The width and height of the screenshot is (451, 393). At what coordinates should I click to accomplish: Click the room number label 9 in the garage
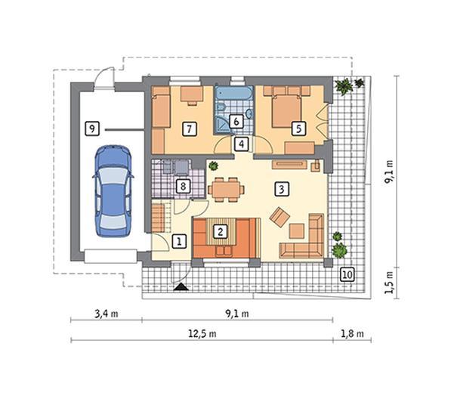click(x=91, y=128)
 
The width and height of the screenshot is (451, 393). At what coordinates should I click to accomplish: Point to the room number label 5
click(x=299, y=128)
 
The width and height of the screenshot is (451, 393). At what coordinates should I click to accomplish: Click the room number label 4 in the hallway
click(x=241, y=144)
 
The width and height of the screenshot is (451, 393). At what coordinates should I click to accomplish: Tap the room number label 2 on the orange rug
click(x=220, y=232)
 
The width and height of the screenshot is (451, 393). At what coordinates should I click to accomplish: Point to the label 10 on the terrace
click(x=347, y=274)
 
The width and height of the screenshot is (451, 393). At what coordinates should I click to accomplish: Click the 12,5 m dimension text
click(x=202, y=333)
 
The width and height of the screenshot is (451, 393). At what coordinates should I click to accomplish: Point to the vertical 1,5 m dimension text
click(x=391, y=280)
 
